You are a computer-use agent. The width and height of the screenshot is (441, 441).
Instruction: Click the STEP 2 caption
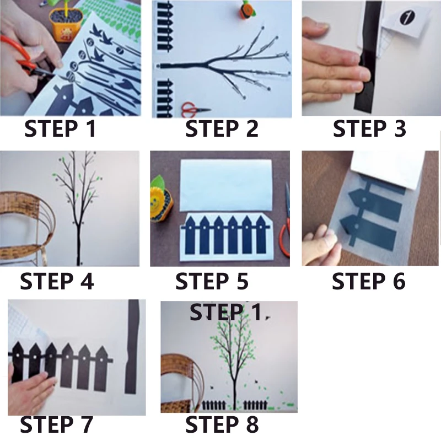coord(222,129)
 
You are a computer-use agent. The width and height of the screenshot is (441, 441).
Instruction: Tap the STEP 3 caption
coord(369,129)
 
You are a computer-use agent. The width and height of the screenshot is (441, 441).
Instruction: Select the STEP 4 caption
coord(57,281)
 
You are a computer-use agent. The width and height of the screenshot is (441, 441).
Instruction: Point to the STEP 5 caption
coord(212,281)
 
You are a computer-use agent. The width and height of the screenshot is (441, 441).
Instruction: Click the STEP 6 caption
coord(368,281)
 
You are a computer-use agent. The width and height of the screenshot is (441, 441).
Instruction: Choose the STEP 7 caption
coord(57,424)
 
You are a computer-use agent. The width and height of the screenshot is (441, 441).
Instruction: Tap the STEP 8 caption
coord(222,424)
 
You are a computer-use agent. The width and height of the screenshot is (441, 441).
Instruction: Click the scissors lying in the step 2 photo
coord(195,109)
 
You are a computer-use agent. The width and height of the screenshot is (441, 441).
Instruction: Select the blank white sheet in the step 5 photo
coord(226,185)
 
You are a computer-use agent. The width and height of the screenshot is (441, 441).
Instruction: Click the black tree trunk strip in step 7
coord(132,347)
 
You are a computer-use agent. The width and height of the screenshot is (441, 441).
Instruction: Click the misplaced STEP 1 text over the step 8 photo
coord(225,312)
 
